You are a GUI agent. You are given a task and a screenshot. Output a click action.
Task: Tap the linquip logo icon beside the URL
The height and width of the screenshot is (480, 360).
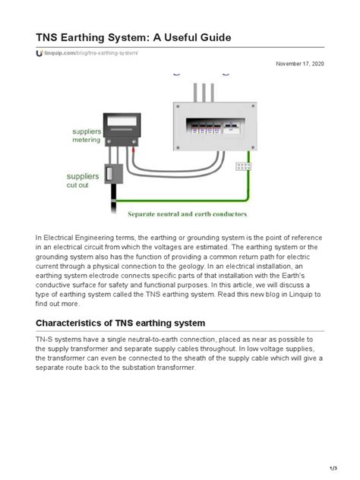pos(39,53)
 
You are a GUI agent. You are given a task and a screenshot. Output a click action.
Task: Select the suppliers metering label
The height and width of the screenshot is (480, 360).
pos(86,136)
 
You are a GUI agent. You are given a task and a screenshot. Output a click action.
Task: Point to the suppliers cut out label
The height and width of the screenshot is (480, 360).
pos(82,180)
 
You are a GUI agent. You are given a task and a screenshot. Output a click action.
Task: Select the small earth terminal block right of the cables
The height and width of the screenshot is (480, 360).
pos(244,166)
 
